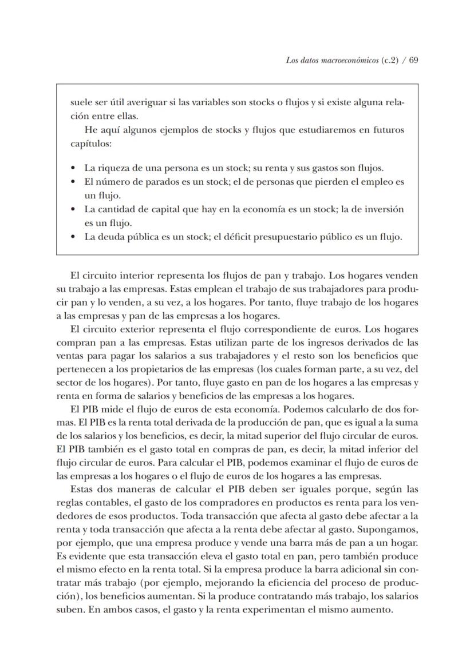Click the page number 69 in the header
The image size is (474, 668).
pyautogui.click(x=413, y=60)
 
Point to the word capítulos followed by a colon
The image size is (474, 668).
pyautogui.click(x=90, y=144)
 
